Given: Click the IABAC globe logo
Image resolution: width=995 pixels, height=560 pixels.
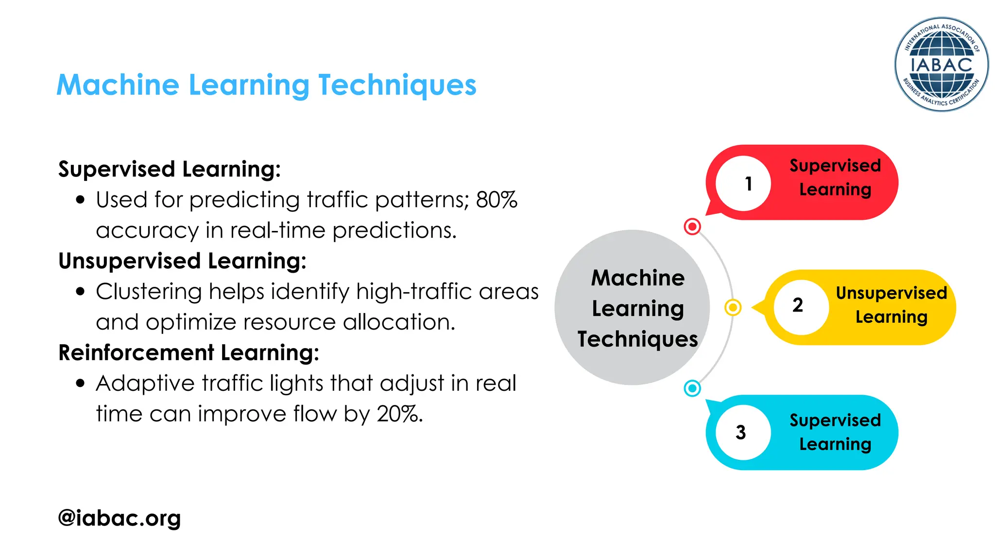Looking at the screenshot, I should click(941, 64).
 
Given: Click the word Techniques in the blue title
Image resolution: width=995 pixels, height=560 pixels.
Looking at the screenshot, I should click(397, 85).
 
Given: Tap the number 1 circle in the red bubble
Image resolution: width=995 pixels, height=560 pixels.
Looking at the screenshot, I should click(743, 183).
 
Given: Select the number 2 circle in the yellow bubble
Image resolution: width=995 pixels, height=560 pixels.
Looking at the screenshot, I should click(801, 306).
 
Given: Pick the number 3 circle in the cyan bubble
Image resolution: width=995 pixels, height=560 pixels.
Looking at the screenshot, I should click(743, 432).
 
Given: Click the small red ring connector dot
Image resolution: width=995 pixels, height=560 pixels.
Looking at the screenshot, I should click(692, 226).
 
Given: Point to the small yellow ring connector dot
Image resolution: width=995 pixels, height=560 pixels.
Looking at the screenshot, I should click(733, 307).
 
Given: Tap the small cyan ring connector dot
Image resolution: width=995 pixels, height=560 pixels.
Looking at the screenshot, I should click(692, 388).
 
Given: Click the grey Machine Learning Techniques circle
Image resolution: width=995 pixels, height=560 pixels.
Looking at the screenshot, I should click(632, 307).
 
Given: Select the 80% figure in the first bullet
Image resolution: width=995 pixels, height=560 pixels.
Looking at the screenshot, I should click(497, 200).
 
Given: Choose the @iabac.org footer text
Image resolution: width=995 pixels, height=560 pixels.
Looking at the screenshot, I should click(120, 518).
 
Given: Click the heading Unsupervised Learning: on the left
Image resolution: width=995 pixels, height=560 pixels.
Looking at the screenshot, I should click(182, 261).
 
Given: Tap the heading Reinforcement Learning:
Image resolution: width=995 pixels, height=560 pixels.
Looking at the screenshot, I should click(189, 352).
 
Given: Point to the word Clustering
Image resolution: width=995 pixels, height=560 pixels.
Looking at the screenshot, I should click(149, 292).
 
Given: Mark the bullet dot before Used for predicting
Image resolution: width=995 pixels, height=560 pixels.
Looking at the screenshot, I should click(81, 200).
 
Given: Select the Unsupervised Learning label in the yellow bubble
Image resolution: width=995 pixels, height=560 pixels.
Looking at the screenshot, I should click(891, 305).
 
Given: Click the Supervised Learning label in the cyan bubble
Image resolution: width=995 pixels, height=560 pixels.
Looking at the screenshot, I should click(835, 432).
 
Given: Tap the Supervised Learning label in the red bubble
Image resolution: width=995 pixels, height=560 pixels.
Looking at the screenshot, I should click(835, 177).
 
